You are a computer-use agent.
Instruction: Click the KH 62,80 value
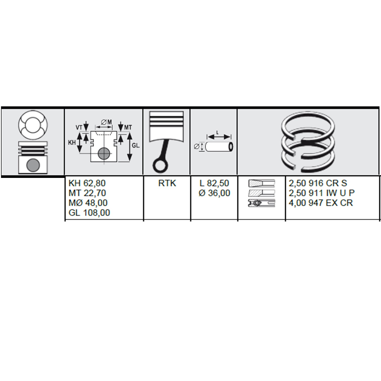[x=87, y=183]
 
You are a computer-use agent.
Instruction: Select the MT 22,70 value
[x=87, y=193]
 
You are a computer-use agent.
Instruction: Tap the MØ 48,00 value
[x=88, y=203]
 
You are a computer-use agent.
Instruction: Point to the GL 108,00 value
[x=89, y=213]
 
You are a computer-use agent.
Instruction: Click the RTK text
[x=167, y=183]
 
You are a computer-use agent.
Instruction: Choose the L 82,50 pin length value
[x=214, y=183]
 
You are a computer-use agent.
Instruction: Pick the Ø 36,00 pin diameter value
[x=214, y=193]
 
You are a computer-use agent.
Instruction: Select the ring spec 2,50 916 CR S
[x=318, y=183]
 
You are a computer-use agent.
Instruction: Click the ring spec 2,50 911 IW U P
[x=322, y=193]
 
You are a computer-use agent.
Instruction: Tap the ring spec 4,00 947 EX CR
[x=321, y=203]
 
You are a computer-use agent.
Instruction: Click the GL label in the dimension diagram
[x=136, y=145]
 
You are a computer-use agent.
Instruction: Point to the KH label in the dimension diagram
[x=72, y=143]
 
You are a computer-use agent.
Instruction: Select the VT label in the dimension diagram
[x=79, y=128]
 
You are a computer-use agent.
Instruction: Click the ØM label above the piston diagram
[x=106, y=122]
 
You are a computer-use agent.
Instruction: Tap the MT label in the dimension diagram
[x=128, y=128]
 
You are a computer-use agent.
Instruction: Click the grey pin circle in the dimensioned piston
[x=104, y=153]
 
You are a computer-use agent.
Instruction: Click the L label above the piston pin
[x=217, y=133]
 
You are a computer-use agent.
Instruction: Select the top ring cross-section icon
[x=262, y=183]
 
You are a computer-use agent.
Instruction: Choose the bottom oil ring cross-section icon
[x=262, y=203]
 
